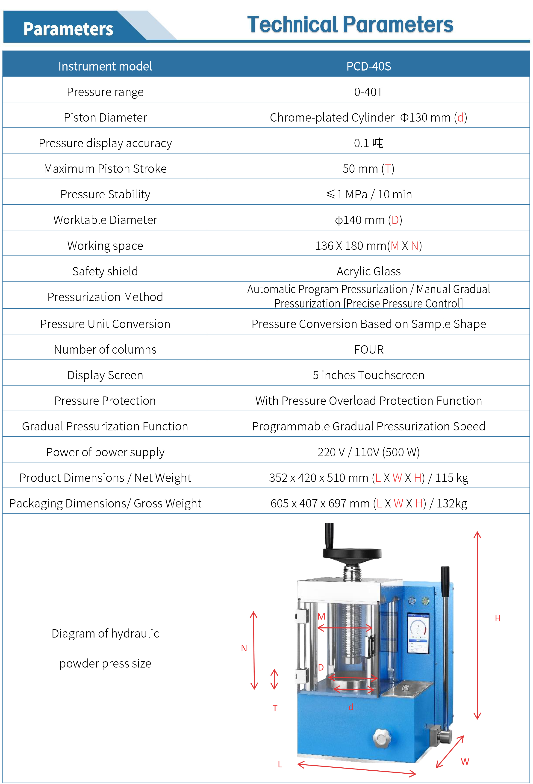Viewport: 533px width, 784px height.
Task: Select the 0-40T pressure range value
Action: tap(368, 92)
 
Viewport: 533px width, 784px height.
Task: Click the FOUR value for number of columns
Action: tap(368, 349)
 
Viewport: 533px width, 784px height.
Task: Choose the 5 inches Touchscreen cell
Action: tap(368, 375)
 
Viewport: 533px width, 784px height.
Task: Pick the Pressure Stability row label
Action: tap(105, 194)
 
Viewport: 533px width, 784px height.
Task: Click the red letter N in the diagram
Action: tap(244, 648)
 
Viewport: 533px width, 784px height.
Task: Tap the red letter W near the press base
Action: tap(465, 761)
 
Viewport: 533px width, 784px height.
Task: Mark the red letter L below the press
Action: tap(280, 764)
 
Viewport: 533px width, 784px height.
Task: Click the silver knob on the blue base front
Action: tap(382, 739)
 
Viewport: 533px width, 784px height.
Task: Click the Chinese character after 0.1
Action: tap(378, 143)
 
